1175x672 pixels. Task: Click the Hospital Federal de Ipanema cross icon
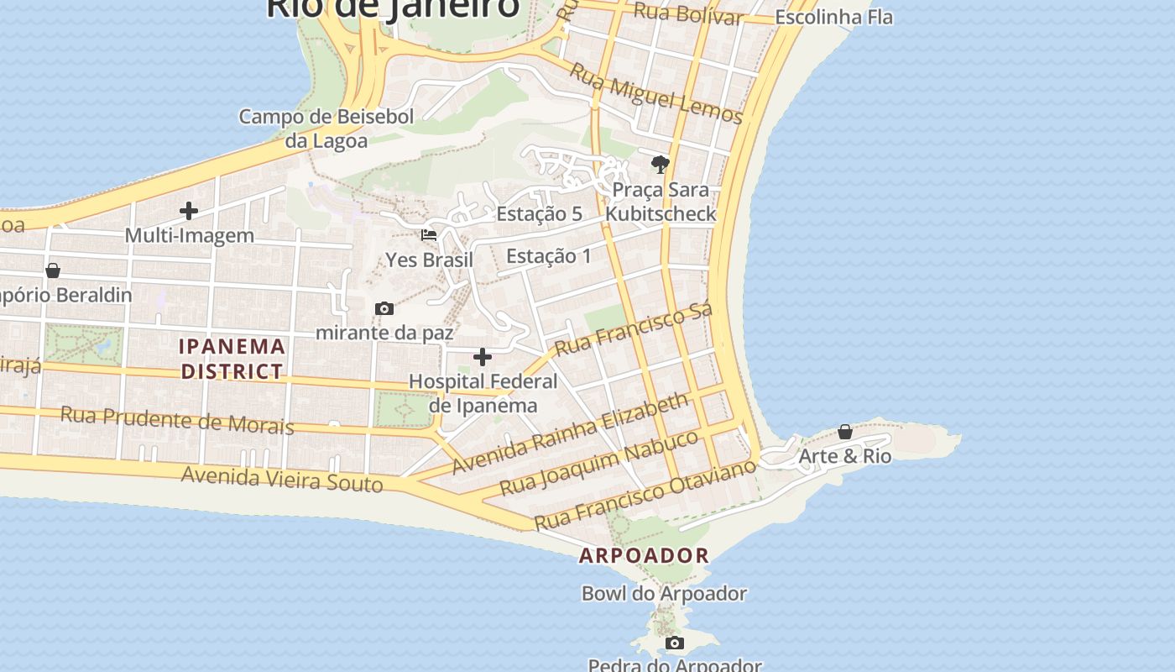[483, 358]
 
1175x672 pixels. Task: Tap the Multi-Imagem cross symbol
[189, 211]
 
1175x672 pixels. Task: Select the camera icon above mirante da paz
[384, 308]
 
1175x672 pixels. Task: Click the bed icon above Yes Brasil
[429, 235]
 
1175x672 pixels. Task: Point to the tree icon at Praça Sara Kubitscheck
[661, 164]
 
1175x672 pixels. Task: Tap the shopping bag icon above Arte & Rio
[845, 432]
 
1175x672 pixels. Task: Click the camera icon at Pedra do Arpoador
[674, 643]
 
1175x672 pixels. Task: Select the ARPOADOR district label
[644, 555]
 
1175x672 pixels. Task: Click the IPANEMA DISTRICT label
[232, 359]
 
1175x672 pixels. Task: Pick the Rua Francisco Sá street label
[634, 328]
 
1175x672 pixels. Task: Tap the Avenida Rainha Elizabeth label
[571, 433]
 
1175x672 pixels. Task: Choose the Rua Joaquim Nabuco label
[598, 463]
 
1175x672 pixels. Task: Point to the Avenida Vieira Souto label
[282, 480]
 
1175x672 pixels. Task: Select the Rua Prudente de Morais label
[177, 420]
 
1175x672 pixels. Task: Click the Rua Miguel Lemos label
[656, 93]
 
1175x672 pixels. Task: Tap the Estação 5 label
[539, 214]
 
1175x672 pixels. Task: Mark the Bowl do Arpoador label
[664, 594]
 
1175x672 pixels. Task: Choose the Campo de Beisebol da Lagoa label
[326, 129]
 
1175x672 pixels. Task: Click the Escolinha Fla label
[833, 17]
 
